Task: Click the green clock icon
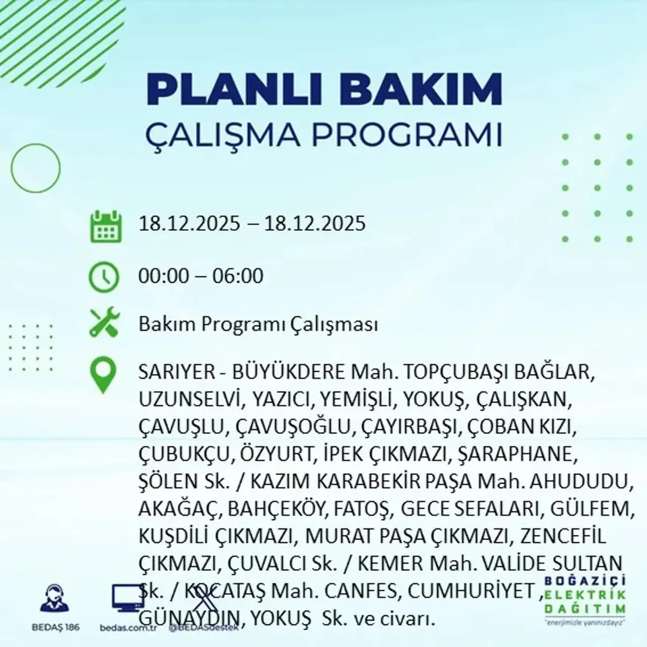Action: point(104,276)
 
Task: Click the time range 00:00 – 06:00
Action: point(201,276)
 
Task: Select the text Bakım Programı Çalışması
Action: point(258,325)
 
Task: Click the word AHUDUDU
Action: point(582,481)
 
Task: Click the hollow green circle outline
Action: point(35,167)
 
